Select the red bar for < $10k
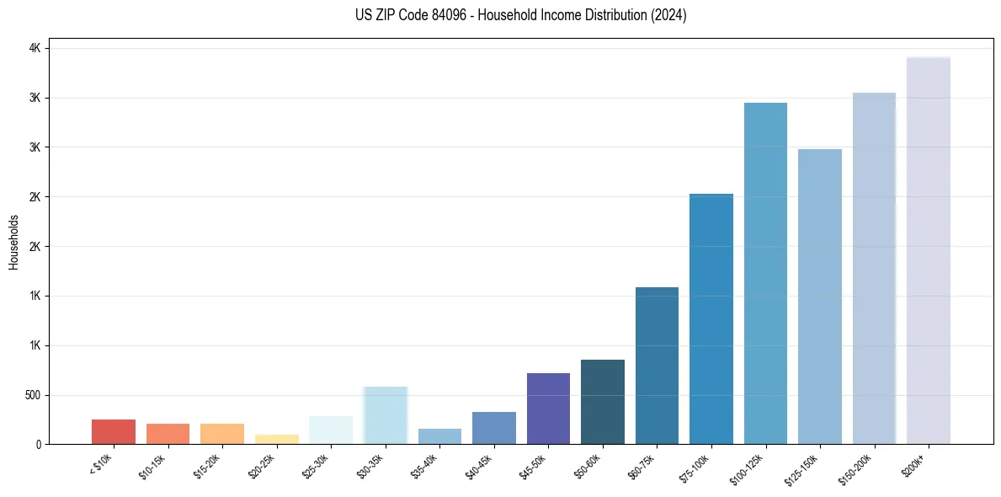point(114,431)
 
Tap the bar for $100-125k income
point(765,273)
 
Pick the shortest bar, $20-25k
point(276,439)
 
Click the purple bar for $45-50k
point(548,409)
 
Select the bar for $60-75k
point(657,366)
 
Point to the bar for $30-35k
point(385,415)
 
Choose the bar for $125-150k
point(819,297)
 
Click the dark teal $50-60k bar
point(602,402)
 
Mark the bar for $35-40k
point(439,436)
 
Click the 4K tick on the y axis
point(35,49)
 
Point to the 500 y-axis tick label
point(31,395)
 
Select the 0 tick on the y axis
point(39,444)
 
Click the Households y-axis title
point(14,242)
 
